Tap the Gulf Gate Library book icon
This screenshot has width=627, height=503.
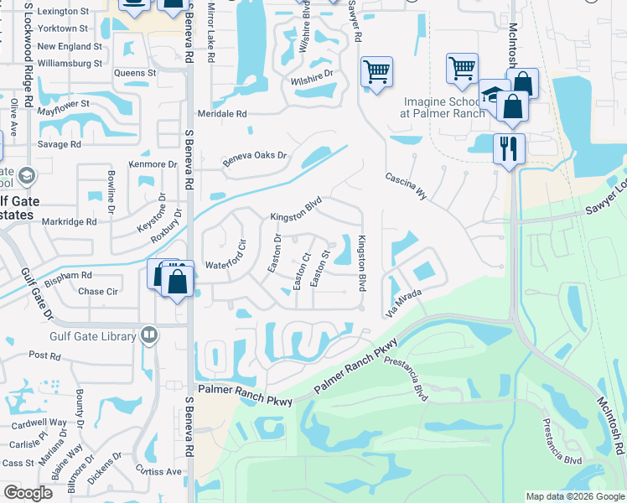tap(149, 336)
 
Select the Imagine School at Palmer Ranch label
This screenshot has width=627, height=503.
tap(443, 107)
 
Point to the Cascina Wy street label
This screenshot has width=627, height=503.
tap(407, 187)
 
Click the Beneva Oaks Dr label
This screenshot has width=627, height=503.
tap(254, 157)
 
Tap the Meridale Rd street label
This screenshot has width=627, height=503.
tap(222, 113)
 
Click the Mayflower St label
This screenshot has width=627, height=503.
tap(55, 106)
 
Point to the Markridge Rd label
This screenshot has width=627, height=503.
tap(70, 222)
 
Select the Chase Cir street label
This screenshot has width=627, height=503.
tap(97, 292)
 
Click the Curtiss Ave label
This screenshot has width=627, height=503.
tap(159, 472)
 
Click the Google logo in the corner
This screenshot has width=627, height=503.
tap(28, 493)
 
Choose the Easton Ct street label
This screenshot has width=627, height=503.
tap(302, 269)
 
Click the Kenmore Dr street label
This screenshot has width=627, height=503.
tap(153, 164)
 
